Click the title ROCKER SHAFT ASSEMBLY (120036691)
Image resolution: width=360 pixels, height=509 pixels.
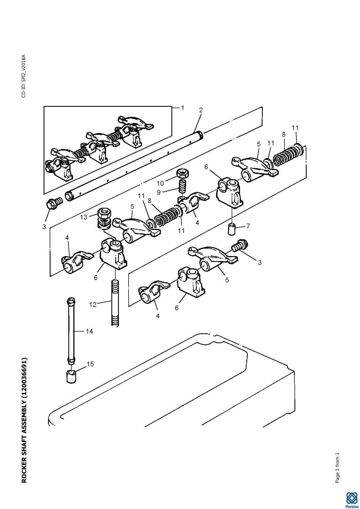click(x=24, y=420)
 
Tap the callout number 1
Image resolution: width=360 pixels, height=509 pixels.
click(x=182, y=108)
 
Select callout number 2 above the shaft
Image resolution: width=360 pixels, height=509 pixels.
click(x=201, y=110)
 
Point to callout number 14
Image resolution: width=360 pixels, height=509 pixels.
click(x=89, y=331)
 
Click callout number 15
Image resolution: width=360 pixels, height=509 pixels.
click(x=90, y=364)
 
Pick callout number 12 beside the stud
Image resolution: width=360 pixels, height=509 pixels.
click(x=93, y=304)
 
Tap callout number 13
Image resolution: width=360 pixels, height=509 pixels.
click(x=84, y=217)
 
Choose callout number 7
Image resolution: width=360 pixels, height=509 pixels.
click(x=248, y=226)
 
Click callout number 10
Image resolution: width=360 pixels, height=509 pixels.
click(x=160, y=183)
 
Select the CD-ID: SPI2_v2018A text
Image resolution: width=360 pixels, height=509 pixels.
click(x=24, y=76)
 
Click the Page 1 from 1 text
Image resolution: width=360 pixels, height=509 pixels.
click(x=337, y=468)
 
